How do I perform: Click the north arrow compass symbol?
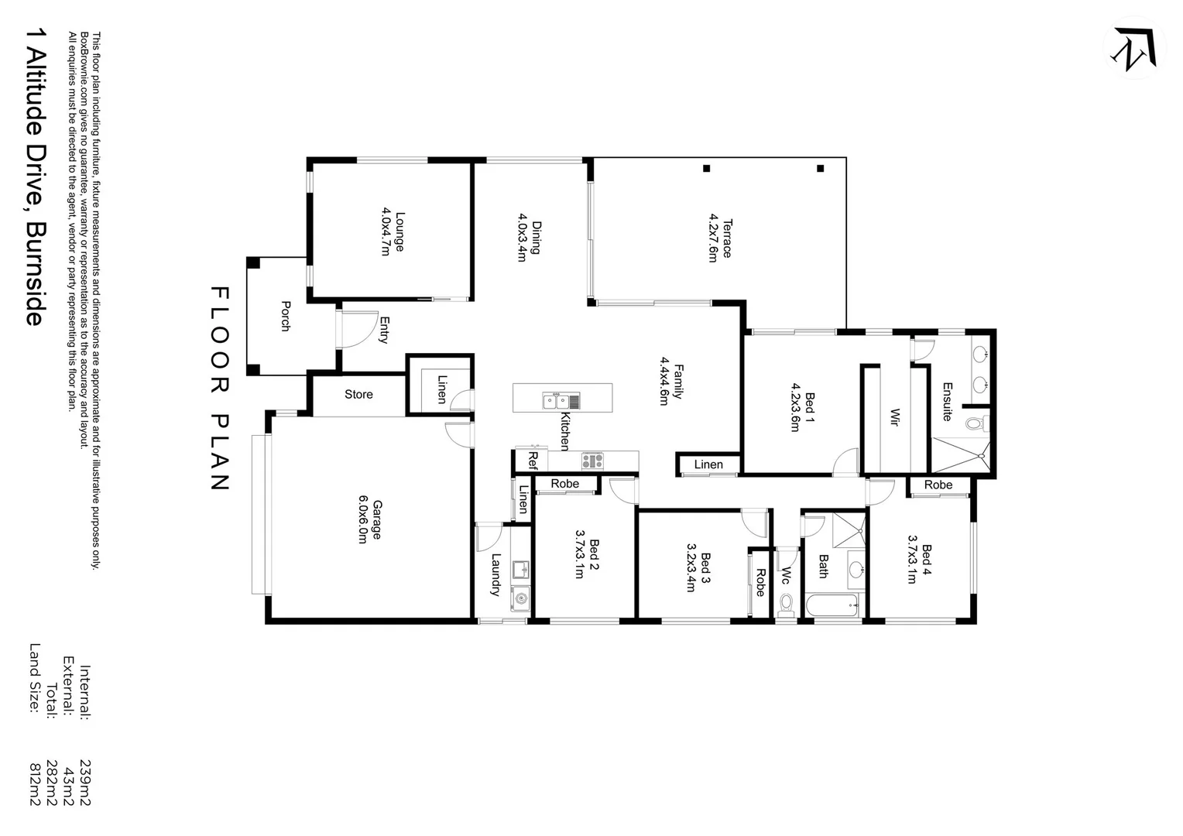[1134, 48]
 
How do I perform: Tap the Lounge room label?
[393, 231]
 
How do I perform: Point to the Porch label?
[285, 316]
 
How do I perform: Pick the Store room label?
[358, 395]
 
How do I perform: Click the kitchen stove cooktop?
[592, 461]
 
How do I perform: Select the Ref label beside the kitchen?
[533, 460]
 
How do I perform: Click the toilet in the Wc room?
[786, 604]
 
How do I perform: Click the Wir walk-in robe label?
[894, 418]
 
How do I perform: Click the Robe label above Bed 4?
[938, 485]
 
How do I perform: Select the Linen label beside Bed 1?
[708, 464]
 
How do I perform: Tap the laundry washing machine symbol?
[520, 597]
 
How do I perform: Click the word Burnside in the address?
[34, 273]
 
